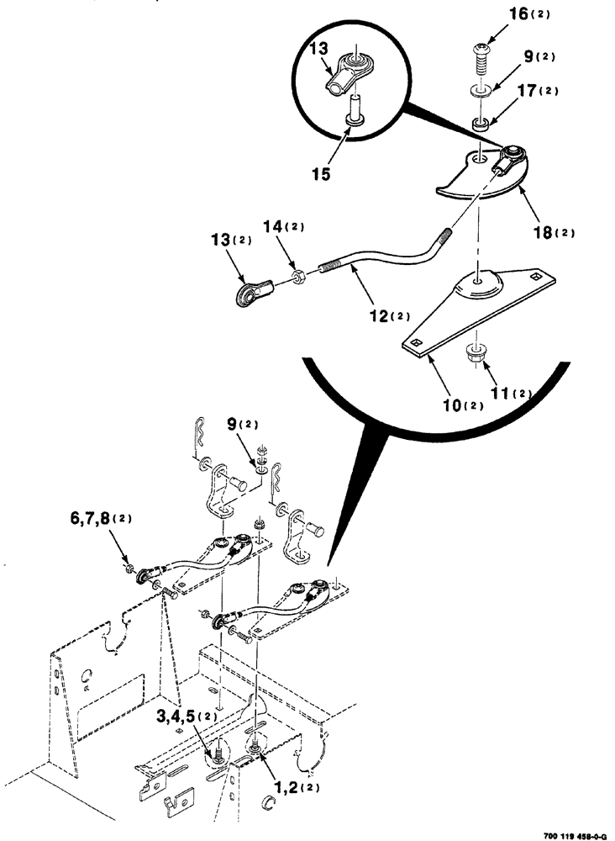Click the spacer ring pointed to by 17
coord(480,124)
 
